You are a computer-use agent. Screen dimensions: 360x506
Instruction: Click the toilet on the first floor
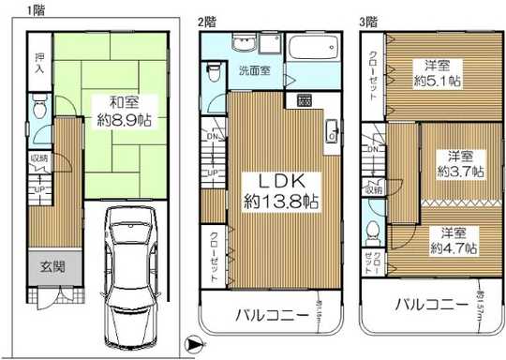[37, 111]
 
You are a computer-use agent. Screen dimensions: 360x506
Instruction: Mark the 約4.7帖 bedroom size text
[454, 249]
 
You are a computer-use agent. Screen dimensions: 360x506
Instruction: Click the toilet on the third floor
[373, 231]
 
